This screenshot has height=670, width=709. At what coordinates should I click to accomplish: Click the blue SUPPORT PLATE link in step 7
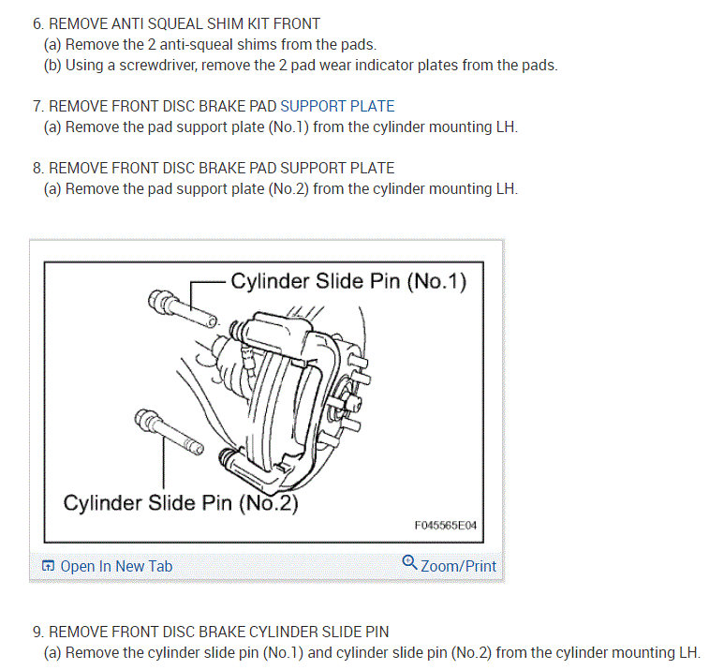pyautogui.click(x=337, y=106)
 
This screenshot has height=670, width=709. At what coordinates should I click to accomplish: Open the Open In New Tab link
pyautogui.click(x=116, y=566)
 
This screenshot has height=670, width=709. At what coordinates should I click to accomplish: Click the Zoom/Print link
pyautogui.click(x=459, y=566)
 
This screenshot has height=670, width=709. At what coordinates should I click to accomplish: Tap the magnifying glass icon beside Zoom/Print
pyautogui.click(x=409, y=563)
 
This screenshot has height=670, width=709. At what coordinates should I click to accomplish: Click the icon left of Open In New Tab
pyautogui.click(x=48, y=566)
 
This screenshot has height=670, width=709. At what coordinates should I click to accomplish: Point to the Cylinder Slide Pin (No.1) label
pyautogui.click(x=348, y=281)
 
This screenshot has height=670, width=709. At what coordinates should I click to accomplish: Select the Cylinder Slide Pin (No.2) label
pyautogui.click(x=181, y=502)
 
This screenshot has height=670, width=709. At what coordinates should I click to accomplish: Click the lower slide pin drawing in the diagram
pyautogui.click(x=169, y=431)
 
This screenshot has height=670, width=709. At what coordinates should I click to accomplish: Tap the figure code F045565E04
pyautogui.click(x=446, y=526)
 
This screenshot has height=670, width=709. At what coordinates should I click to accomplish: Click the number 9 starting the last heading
pyautogui.click(x=37, y=632)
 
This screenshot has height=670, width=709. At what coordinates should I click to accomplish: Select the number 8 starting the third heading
pyautogui.click(x=37, y=169)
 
